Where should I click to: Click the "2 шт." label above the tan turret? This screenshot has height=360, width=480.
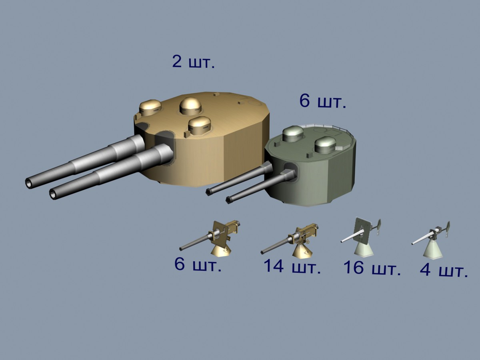pos(194,62)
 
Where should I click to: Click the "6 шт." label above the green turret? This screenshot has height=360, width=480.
pos(323,101)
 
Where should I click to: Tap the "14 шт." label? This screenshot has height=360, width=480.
pos(292,266)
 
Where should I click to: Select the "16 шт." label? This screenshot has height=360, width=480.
pos(372,268)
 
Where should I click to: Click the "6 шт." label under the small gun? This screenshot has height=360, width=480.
pos(198,264)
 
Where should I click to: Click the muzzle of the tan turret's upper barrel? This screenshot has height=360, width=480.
pos(29,183)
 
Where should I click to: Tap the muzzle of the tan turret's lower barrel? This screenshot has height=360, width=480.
pos(53,194)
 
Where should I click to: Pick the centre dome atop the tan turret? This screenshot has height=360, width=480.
pos(190,106)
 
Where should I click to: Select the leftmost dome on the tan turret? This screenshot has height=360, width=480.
pos(150,108)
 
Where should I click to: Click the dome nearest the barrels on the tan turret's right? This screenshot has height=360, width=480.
pos(200,125)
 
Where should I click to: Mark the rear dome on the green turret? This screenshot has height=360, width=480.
pos(293,134)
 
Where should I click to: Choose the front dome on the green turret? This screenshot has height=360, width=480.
pos(325,144)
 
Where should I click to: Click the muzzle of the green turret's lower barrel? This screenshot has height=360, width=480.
pos(228,200)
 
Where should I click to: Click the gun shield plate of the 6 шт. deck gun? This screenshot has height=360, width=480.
pos(221,234)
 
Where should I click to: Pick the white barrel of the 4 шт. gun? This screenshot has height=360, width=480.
pos(421,240)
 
